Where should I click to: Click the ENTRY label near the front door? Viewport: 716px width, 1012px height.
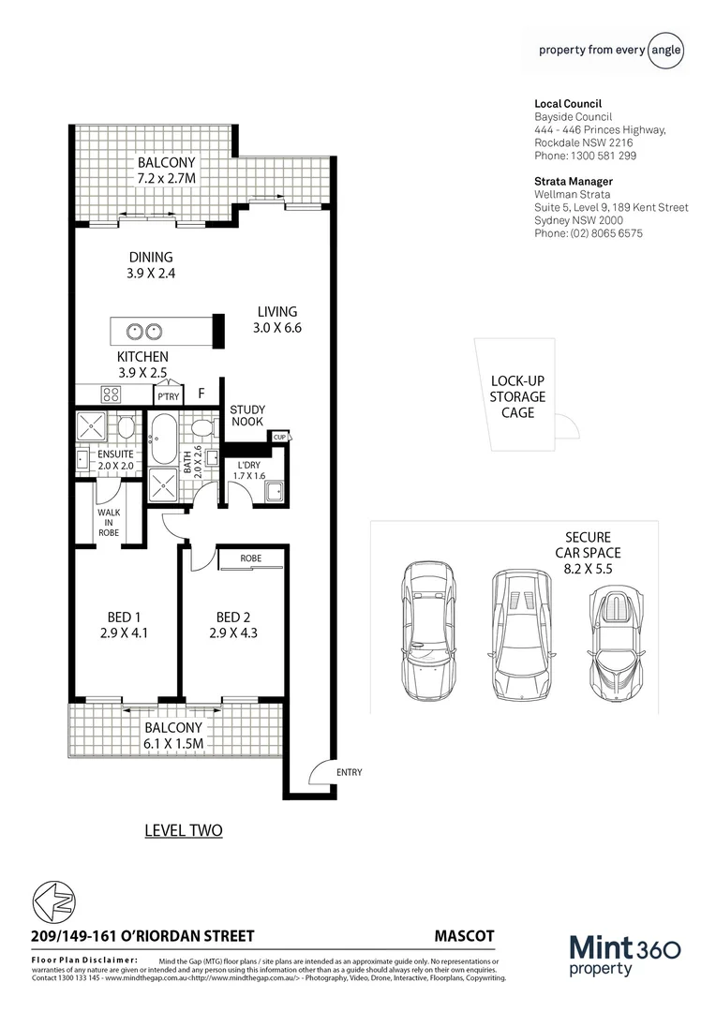pos(348,772)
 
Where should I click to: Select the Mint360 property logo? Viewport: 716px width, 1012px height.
pos(624,957)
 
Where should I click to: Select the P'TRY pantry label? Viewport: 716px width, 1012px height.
pos(168,397)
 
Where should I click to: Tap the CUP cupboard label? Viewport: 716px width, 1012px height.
pos(278,437)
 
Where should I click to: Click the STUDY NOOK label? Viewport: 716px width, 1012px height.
pos(247,416)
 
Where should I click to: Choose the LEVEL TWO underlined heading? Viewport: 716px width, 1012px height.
pos(184,830)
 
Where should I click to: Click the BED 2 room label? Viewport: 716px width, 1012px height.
pos(231,625)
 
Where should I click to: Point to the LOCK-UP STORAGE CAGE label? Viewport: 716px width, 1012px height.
pos(517,396)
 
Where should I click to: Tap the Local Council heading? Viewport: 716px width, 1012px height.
pos(567,104)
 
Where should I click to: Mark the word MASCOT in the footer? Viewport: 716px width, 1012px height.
pos(464,936)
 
